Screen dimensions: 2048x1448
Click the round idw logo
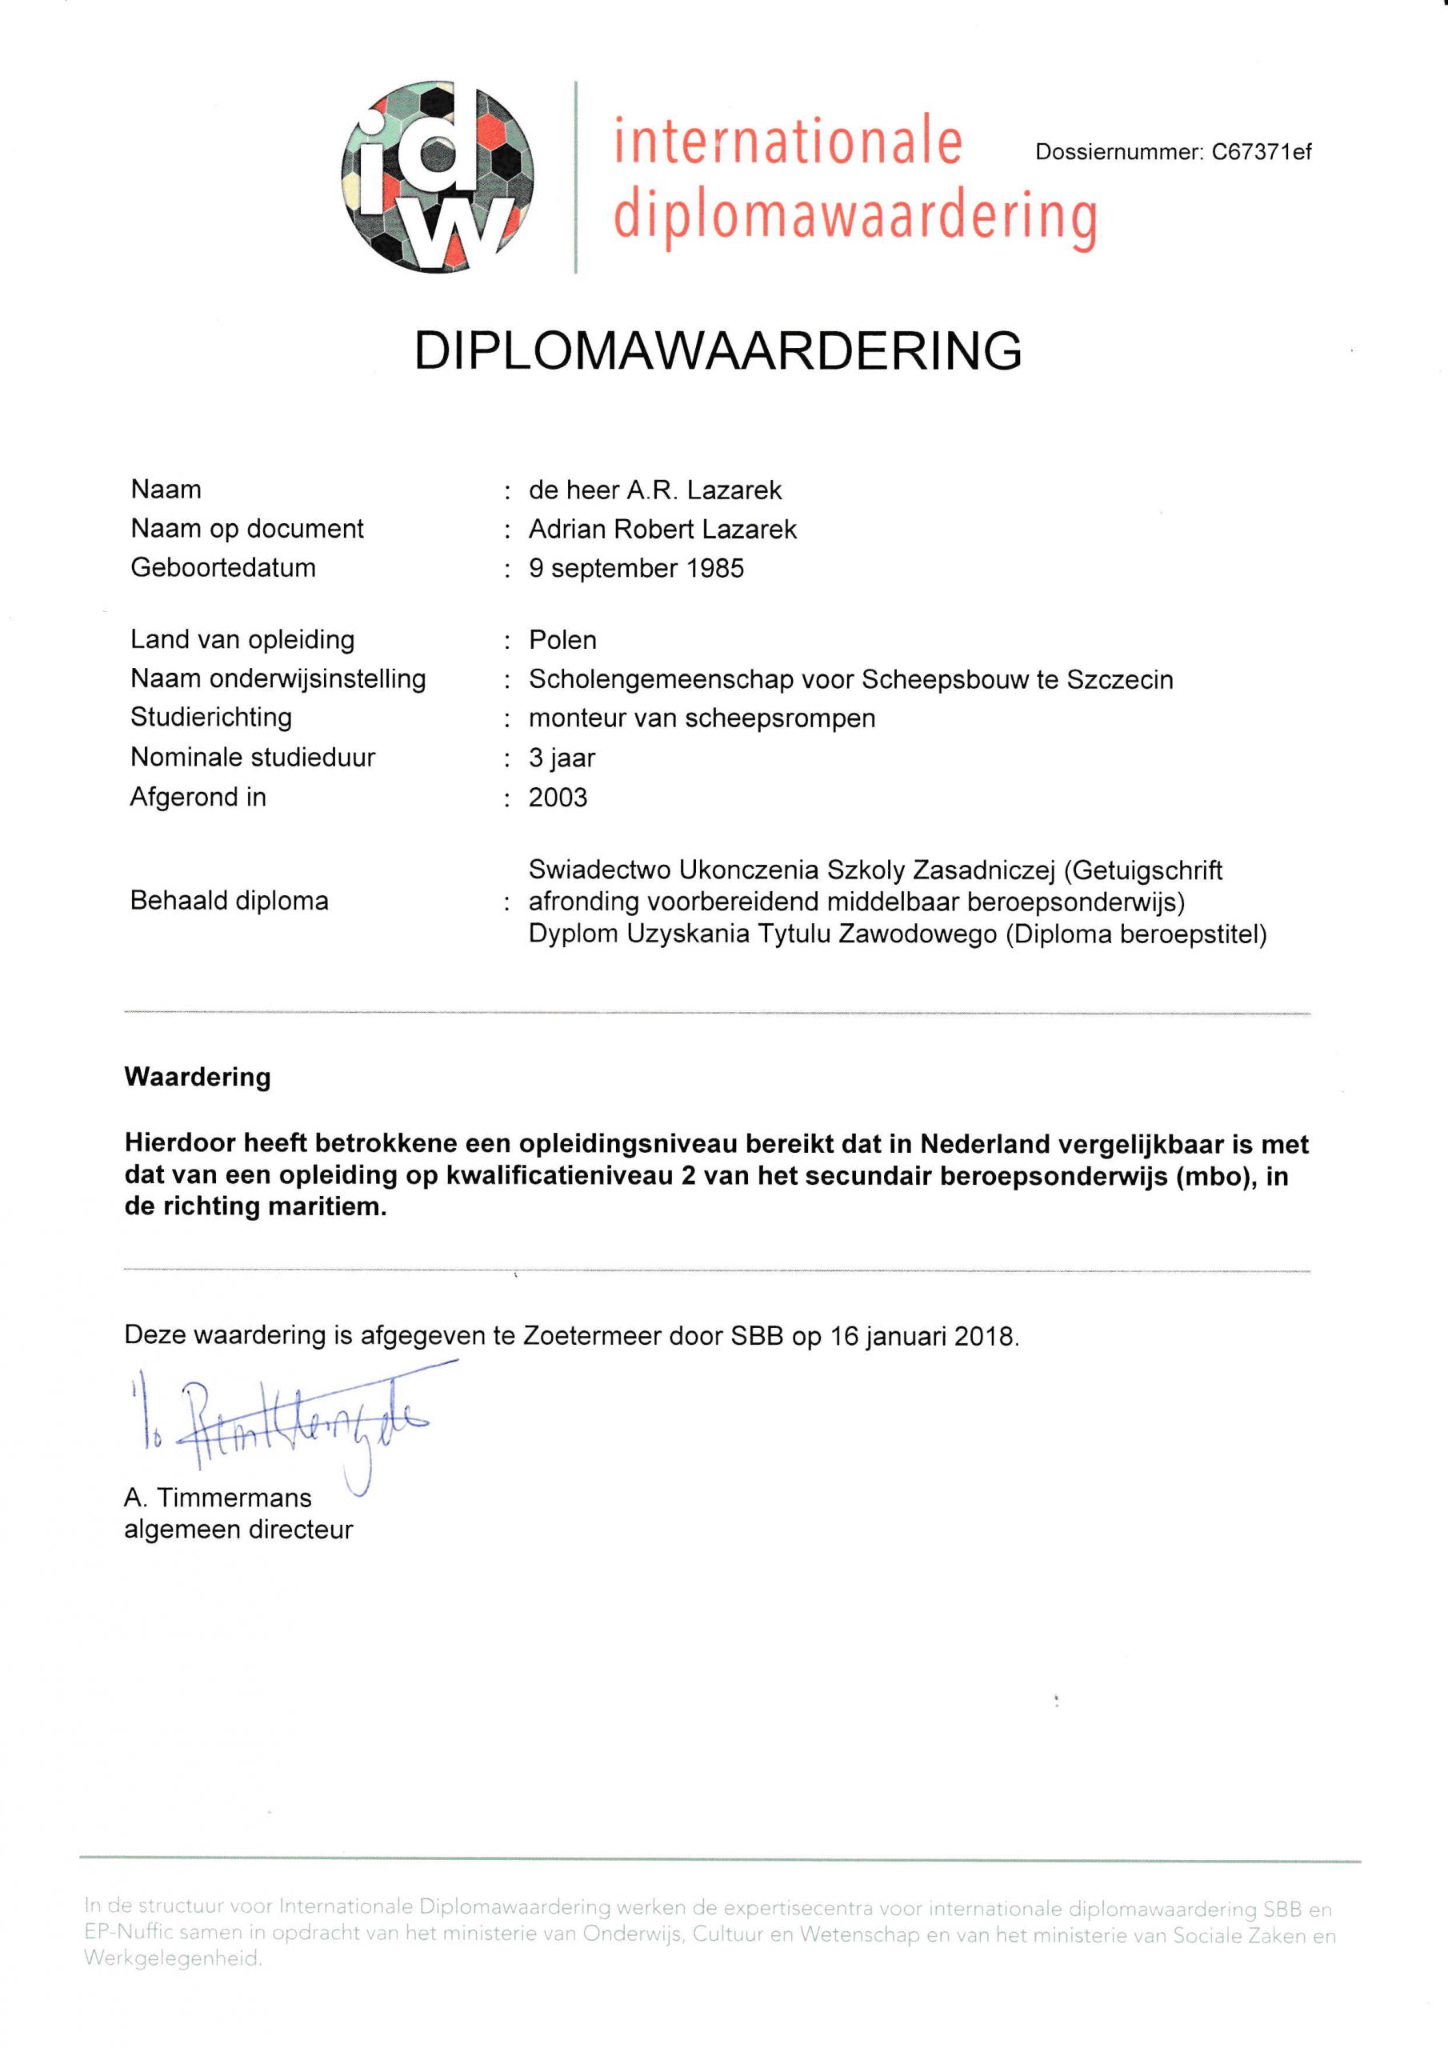437,178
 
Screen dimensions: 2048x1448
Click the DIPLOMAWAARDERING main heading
718,350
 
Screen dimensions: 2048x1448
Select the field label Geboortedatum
223,568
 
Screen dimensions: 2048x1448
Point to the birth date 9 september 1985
636,569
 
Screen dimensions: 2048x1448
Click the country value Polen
562,641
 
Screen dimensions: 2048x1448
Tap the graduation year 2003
558,798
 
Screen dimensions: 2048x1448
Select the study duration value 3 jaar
561,758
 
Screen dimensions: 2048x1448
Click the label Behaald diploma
230,901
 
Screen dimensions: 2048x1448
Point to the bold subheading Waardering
197,1077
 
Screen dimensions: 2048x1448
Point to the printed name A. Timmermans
218,1498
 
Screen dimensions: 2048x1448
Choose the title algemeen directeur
238,1530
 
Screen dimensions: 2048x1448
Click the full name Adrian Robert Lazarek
662,530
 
